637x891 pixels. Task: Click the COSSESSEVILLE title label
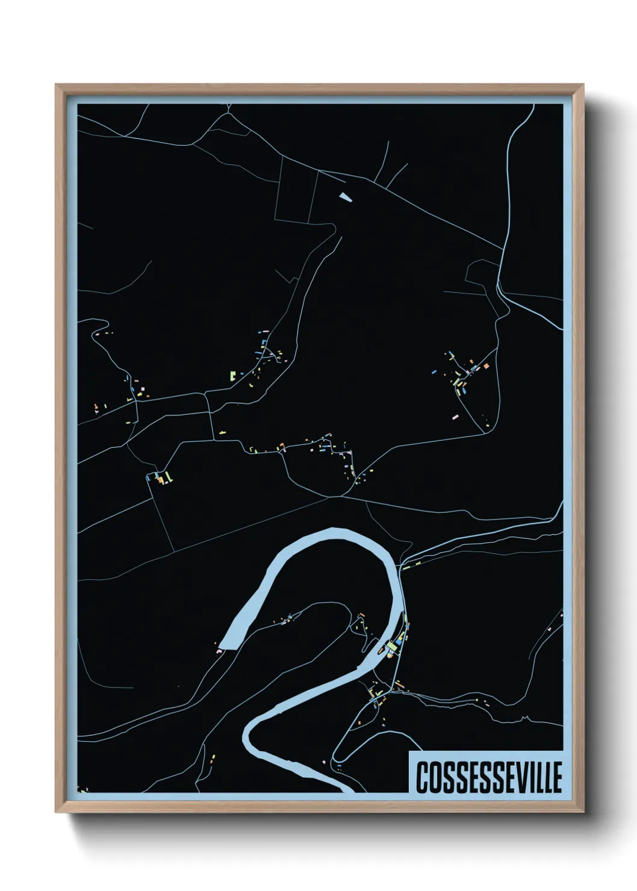click(x=488, y=777)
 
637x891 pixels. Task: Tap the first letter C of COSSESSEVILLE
click(x=421, y=778)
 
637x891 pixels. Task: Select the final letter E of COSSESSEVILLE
click(x=557, y=778)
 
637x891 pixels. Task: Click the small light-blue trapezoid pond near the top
click(x=344, y=196)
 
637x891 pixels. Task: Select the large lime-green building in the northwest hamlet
click(x=232, y=377)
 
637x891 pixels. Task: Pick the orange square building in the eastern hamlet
click(x=485, y=365)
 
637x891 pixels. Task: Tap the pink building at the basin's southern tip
click(x=218, y=650)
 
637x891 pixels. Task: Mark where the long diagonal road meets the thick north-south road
click(x=502, y=248)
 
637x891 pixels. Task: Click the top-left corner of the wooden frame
click(x=56, y=85)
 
